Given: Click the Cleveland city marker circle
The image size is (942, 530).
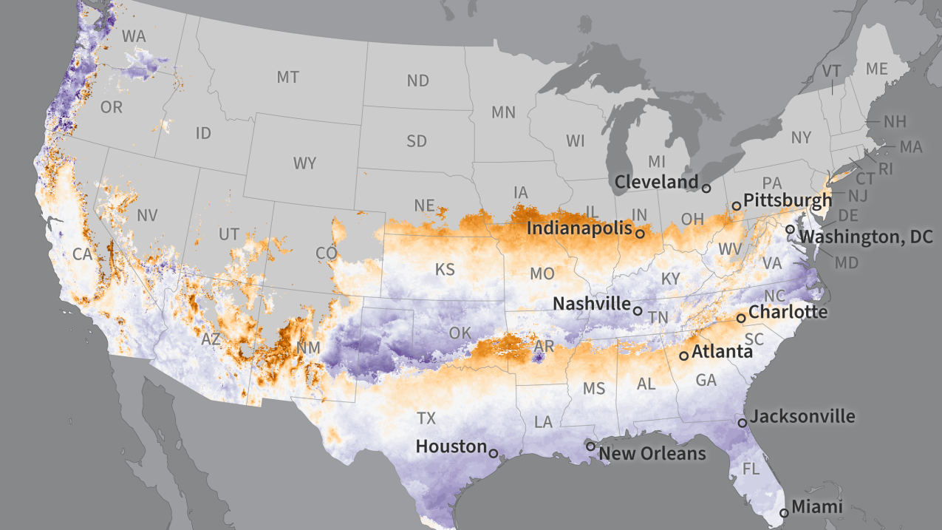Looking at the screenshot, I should click(706, 188).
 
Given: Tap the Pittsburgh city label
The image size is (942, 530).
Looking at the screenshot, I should click(788, 200).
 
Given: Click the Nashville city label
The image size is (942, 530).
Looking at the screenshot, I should click(592, 304).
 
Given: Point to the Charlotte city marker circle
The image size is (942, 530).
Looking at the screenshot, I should click(741, 318).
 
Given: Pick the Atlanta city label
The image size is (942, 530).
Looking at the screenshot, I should click(722, 352).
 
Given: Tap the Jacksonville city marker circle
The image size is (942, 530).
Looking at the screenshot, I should click(742, 423).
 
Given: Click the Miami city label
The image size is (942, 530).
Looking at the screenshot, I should click(816, 507).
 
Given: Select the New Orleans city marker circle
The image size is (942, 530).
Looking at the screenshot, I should click(590, 446).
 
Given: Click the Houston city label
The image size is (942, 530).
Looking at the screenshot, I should click(451, 446).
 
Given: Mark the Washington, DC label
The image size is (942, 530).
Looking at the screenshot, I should click(867, 237).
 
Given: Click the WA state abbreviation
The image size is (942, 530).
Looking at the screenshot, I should click(134, 35).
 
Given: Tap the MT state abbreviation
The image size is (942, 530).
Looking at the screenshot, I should click(287, 77).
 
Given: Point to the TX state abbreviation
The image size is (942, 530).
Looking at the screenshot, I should click(426, 418).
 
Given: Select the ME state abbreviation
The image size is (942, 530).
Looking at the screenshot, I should click(876, 69).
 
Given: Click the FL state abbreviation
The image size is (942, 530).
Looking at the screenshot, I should click(751, 469).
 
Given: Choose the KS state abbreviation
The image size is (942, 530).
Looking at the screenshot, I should click(445, 269).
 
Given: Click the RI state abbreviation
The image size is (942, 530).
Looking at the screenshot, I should click(885, 169).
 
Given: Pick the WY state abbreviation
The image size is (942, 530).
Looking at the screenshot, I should click(304, 163).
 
